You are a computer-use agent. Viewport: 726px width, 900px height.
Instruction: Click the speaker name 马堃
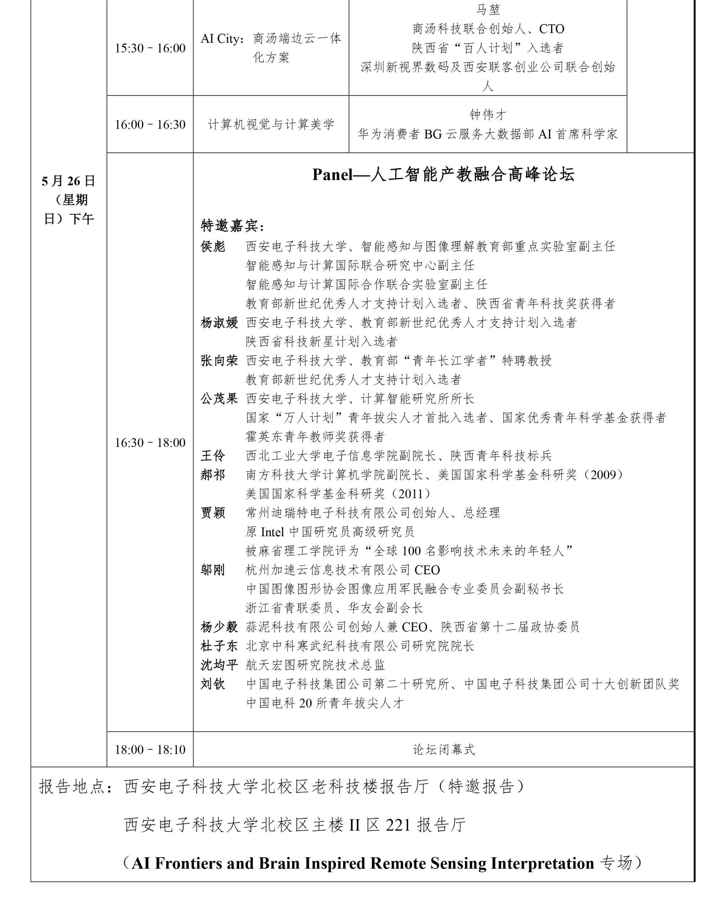tap(488, 9)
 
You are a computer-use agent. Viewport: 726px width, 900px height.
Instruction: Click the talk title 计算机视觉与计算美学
tap(271, 124)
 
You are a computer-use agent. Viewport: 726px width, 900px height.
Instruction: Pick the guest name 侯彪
tap(213, 246)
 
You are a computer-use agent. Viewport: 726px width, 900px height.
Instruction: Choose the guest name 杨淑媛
tap(219, 322)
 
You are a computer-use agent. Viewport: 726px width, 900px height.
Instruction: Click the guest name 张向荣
tap(219, 361)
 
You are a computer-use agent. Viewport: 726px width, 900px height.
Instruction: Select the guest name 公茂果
tap(219, 399)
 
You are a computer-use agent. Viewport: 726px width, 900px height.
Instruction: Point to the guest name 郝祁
tap(213, 475)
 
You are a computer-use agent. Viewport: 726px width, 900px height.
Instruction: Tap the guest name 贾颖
tap(213, 513)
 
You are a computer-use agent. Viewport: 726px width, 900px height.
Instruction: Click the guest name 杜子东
tap(219, 646)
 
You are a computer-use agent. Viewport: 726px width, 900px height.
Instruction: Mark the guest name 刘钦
tap(213, 684)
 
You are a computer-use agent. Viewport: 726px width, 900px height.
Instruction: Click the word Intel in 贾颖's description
tap(272, 532)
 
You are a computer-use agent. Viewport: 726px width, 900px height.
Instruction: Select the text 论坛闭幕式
tap(444, 749)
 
